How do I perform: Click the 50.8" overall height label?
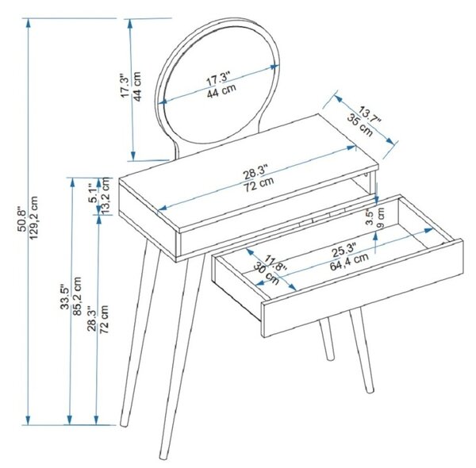pos(22,219)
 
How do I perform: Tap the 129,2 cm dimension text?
pos(33,217)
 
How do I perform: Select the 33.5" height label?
pos(65,297)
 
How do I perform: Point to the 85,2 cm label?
pos(77,296)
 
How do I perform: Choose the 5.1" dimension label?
pos(93,193)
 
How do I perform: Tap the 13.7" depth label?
pos(369,115)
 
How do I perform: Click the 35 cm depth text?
pos(360,125)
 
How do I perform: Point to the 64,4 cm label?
pos(349,262)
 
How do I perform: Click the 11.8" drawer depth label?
pos(275,263)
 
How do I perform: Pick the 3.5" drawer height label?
pos(370,217)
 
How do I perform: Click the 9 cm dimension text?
pos(381,217)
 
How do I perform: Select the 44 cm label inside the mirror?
pos(221,91)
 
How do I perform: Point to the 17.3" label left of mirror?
pos(125,86)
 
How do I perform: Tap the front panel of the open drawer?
pos(363,288)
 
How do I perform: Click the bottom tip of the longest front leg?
pos(163,457)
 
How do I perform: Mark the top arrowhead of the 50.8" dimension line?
pos(29,23)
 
